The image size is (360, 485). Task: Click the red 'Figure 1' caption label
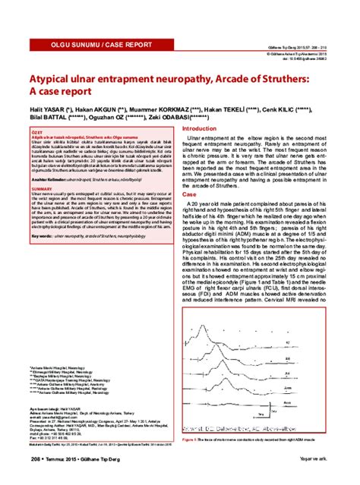(x=191, y=439)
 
